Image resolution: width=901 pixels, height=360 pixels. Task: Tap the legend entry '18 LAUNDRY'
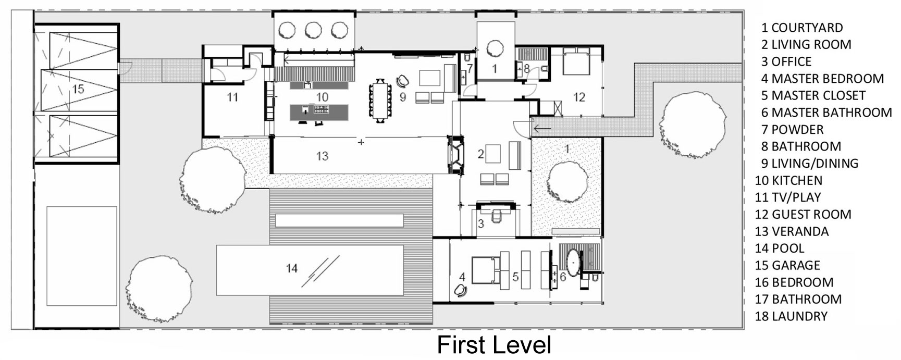(791, 316)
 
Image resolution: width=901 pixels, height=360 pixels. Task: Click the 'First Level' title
(494, 345)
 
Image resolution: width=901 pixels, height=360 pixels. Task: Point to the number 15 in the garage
(78, 89)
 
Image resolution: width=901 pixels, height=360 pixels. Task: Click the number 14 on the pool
(292, 268)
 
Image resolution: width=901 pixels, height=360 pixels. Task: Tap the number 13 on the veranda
(322, 156)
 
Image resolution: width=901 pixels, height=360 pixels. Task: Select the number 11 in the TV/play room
(232, 97)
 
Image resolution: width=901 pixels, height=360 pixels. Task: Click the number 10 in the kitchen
(322, 97)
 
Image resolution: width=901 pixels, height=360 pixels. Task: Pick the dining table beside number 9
(380, 100)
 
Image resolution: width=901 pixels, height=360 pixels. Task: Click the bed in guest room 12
(576, 60)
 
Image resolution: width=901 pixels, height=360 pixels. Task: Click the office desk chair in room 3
(496, 213)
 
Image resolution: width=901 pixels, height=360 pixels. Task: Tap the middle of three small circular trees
(313, 30)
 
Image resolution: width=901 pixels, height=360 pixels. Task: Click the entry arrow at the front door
(542, 127)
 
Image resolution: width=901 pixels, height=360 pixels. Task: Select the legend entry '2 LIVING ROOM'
(806, 45)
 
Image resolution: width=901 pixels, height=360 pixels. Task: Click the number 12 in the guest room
(579, 97)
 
